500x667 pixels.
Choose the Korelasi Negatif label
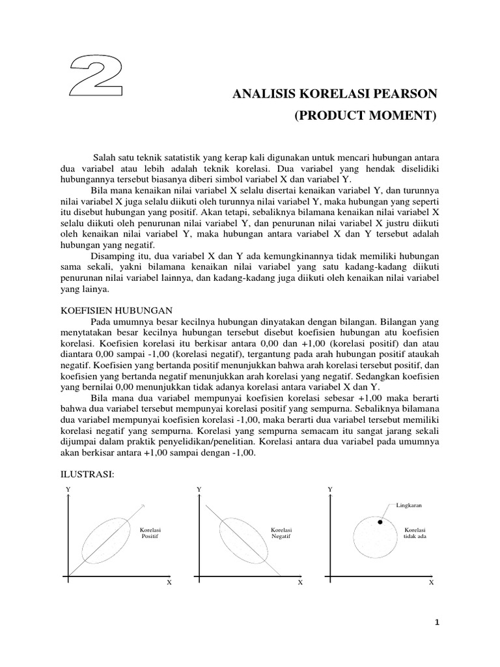(281, 533)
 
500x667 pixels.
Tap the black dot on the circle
(380, 522)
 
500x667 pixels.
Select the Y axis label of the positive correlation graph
(68, 489)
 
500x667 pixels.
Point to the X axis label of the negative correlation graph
(300, 583)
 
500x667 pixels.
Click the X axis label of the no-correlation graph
(431, 583)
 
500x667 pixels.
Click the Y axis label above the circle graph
(330, 489)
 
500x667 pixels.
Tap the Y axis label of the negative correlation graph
(199, 489)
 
